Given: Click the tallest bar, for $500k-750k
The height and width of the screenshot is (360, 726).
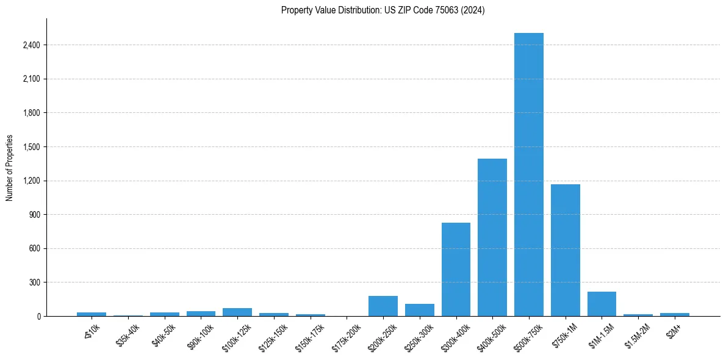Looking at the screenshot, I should (x=528, y=175).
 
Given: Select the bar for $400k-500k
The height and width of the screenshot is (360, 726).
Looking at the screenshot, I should (x=492, y=237).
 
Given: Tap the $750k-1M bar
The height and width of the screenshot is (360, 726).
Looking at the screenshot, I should (x=565, y=250).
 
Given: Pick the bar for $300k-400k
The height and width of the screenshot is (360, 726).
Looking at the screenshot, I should (x=456, y=269).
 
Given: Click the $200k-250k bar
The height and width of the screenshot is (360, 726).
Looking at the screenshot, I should (x=383, y=306).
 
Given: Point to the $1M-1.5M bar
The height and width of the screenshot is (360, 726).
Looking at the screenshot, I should (x=602, y=304).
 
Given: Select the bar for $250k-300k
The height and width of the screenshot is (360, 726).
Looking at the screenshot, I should (x=419, y=310).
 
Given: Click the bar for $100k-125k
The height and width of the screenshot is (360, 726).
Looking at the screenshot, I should (x=237, y=312).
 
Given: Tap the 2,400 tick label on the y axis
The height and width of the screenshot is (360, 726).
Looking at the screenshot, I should (x=31, y=45).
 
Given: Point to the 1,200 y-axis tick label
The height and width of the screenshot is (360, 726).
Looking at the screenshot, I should (x=31, y=181).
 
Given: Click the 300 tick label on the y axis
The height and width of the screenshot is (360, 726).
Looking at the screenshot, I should (x=35, y=283).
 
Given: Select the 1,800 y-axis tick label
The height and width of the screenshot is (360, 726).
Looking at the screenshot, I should (x=31, y=113).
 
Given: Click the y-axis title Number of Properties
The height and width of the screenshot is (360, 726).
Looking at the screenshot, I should (x=9, y=167).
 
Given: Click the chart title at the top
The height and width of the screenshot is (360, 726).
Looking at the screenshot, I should (x=383, y=10).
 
